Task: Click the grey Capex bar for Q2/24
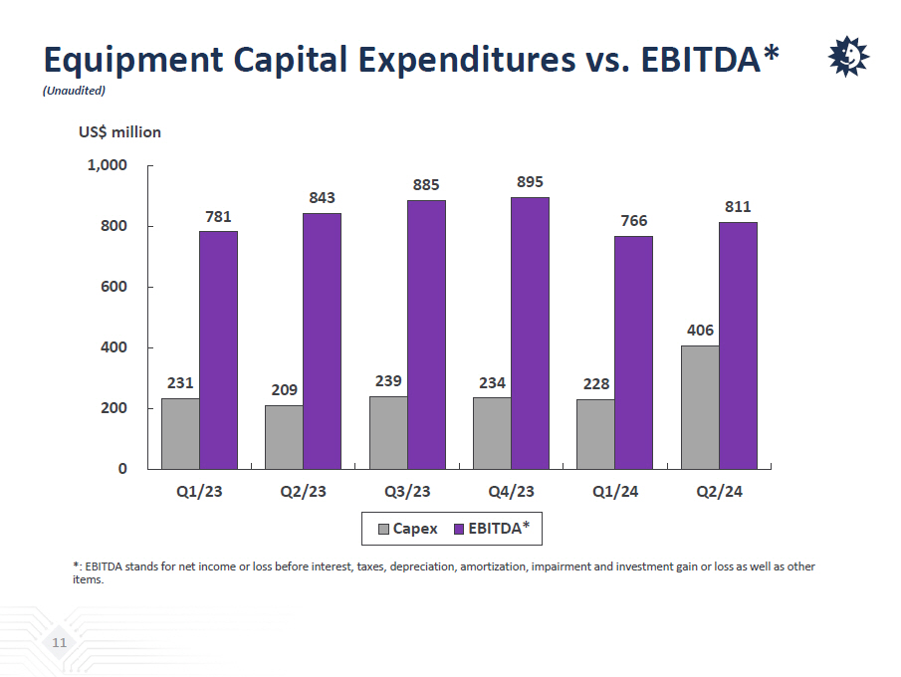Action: (x=700, y=407)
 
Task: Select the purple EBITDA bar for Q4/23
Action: (x=530, y=333)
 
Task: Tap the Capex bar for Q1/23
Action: (x=180, y=433)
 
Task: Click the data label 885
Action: (x=426, y=185)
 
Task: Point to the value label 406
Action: (x=700, y=331)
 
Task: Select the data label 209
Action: (x=285, y=390)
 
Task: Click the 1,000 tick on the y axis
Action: (x=107, y=165)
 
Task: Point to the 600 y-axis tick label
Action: (x=113, y=287)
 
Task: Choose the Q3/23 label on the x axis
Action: (x=407, y=492)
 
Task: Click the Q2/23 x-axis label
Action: (x=304, y=492)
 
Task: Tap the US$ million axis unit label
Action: (x=119, y=131)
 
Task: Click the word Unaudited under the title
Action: (x=74, y=91)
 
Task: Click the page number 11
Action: (x=60, y=643)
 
